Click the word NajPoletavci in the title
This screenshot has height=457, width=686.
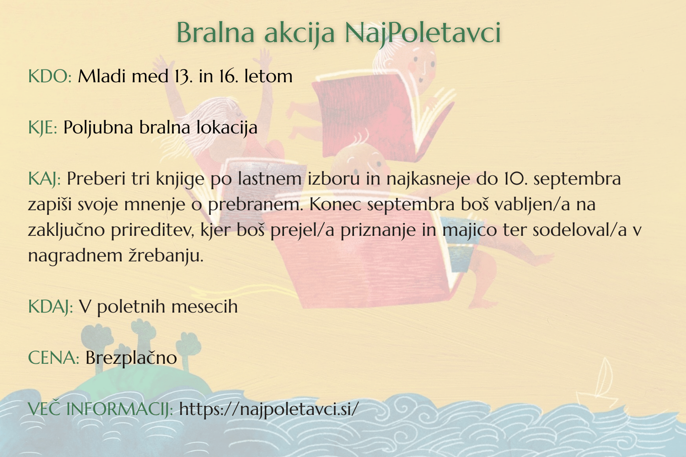pos(423,32)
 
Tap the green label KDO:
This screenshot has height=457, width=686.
pos(50,76)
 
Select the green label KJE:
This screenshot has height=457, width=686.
pos(43,128)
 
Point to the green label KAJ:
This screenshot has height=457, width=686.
pos(44,179)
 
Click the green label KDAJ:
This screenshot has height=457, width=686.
pos(50,307)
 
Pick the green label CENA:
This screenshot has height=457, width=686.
pos(54,358)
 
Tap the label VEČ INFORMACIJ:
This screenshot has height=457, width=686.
pos(100,409)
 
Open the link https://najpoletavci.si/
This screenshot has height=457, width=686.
pos(269,409)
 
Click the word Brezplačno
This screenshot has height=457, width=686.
pos(131,358)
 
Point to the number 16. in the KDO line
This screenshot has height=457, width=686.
pos(227,76)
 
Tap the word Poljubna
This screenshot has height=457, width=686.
pos(98,128)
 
